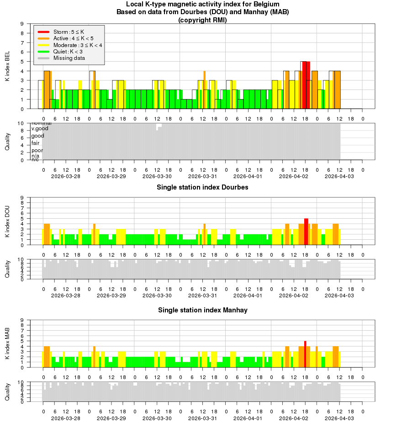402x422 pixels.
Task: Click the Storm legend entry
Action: tap(69, 32)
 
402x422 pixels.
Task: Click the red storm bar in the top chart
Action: tap(306, 85)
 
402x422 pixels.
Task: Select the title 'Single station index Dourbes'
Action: tap(202, 187)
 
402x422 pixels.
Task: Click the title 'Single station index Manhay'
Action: tap(202, 310)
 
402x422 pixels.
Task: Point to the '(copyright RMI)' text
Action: tap(202, 20)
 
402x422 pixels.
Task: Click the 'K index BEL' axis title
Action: tap(7, 66)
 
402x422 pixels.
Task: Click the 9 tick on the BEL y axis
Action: tap(22, 24)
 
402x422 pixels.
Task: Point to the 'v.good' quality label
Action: tap(39, 128)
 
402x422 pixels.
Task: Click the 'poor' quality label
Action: tap(37, 150)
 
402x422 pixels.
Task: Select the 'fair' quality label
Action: tap(35, 143)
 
